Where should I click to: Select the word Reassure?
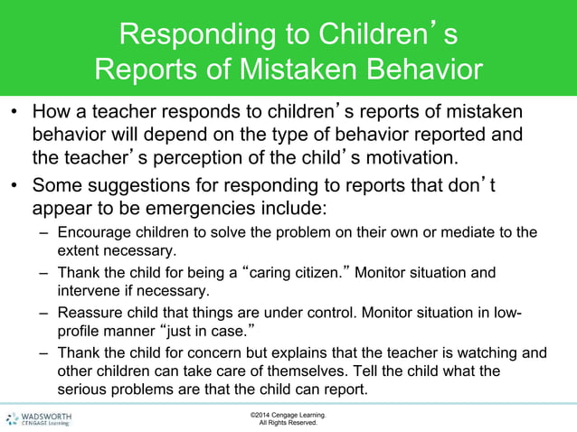click(x=88, y=313)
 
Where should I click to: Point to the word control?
click(x=306, y=313)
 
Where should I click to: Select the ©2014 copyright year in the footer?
click(x=262, y=414)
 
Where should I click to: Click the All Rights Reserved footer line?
click(x=288, y=422)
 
